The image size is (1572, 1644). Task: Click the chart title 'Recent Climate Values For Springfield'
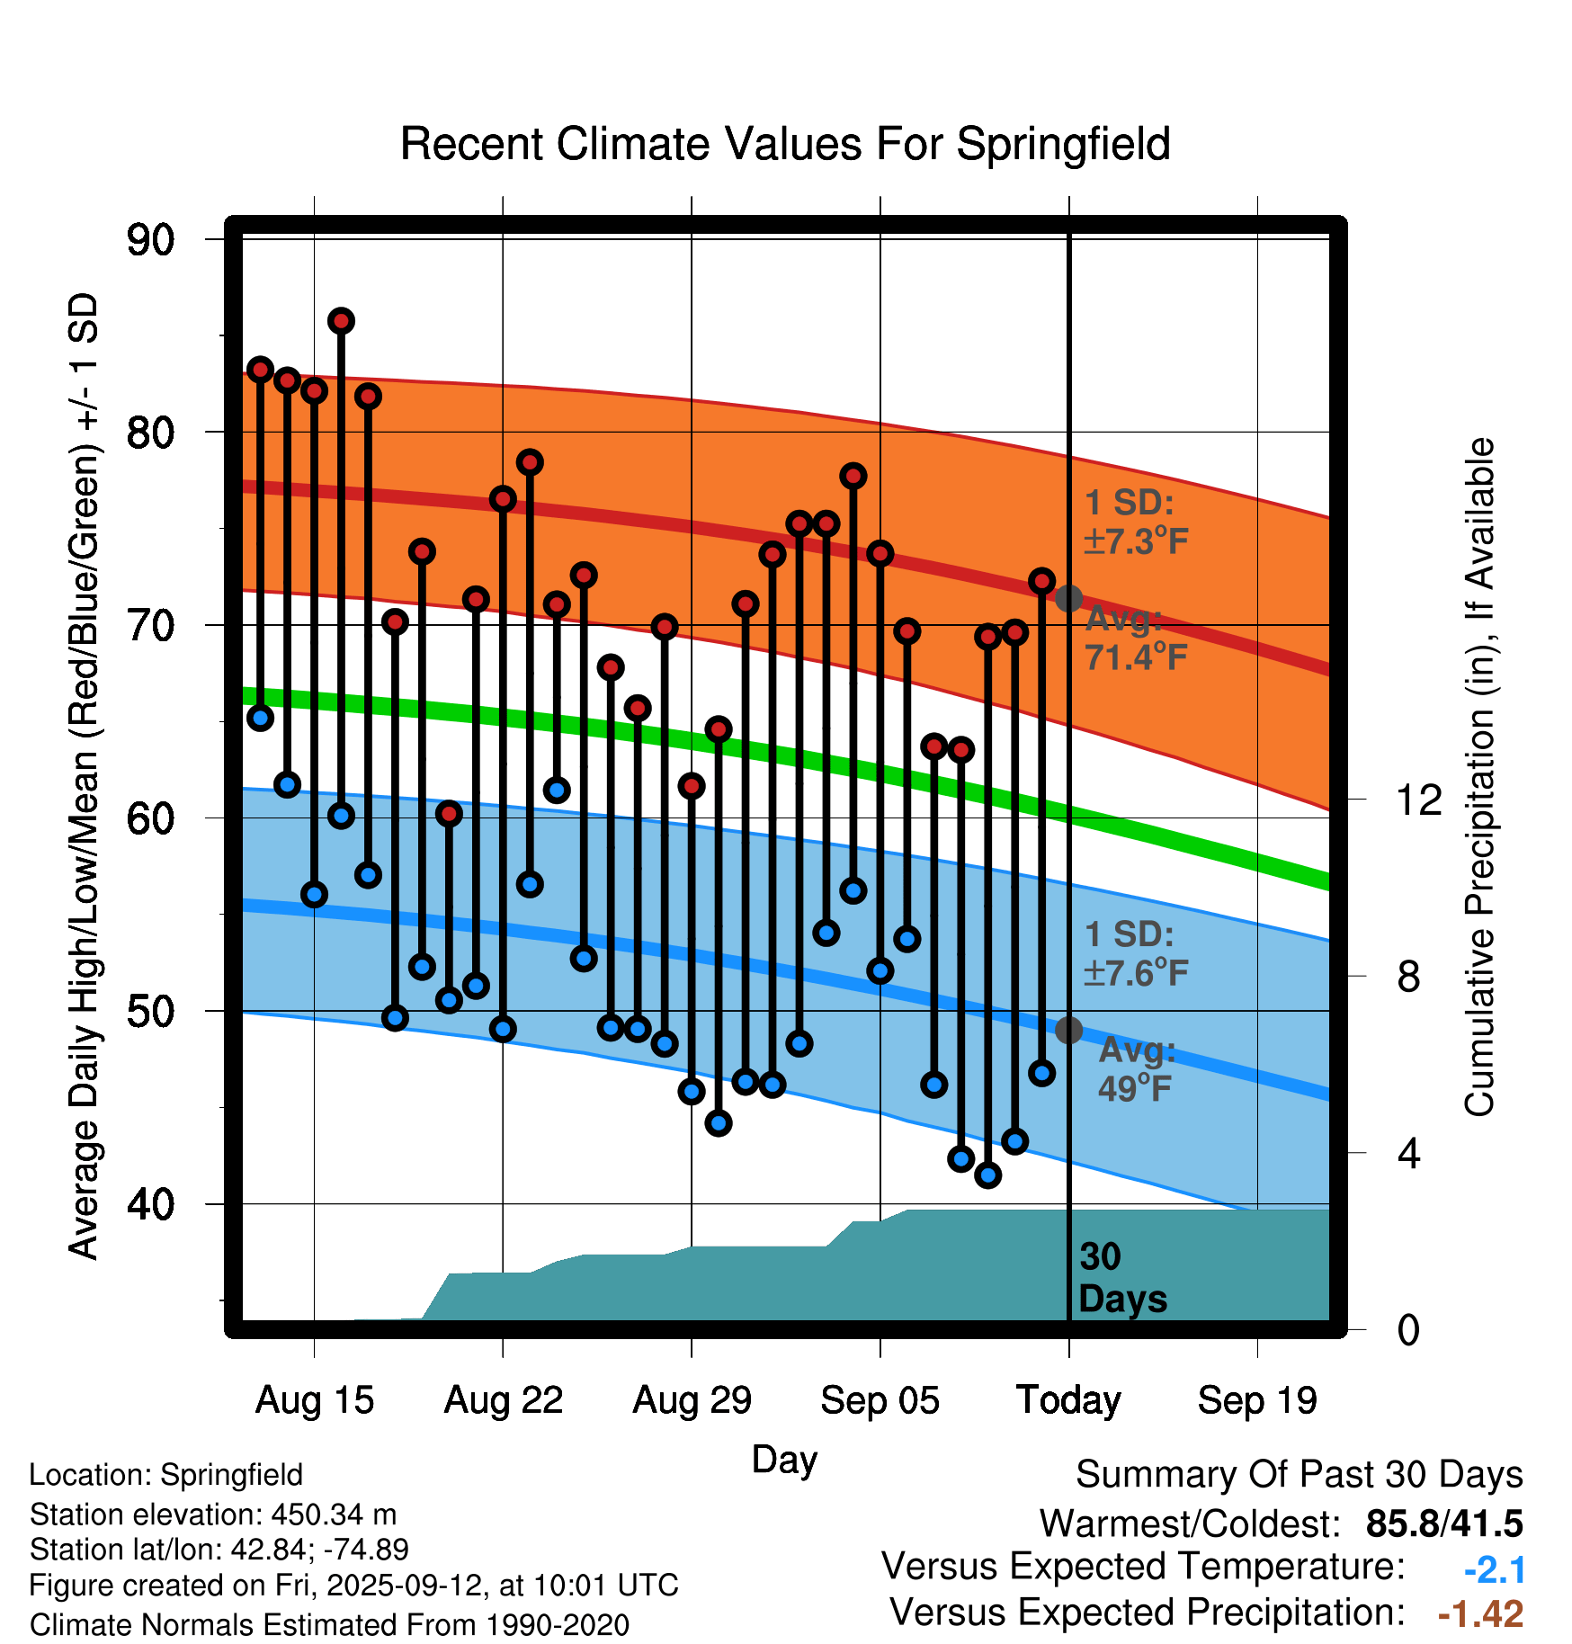click(x=785, y=144)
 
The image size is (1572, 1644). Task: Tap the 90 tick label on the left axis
click(x=150, y=240)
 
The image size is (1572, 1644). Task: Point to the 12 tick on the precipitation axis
click(x=1418, y=800)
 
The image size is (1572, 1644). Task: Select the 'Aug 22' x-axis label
click(x=503, y=1400)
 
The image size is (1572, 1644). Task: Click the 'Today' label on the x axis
click(x=1068, y=1400)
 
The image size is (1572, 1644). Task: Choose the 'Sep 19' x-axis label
click(x=1257, y=1400)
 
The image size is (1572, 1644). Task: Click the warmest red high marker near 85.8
click(x=341, y=321)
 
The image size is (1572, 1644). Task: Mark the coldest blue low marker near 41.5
click(x=987, y=1175)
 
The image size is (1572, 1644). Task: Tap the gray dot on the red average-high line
click(x=1068, y=598)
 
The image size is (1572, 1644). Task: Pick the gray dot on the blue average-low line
click(x=1068, y=1030)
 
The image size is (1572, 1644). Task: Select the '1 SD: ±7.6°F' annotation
click(x=1135, y=953)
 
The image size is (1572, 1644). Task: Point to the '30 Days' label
click(x=1121, y=1278)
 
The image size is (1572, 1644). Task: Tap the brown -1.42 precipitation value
click(x=1480, y=1613)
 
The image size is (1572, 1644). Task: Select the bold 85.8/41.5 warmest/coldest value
click(x=1443, y=1523)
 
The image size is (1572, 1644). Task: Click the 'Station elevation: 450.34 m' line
click(x=213, y=1514)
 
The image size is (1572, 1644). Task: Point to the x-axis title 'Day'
click(x=784, y=1459)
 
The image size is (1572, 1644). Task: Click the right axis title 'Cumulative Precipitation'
click(x=1479, y=778)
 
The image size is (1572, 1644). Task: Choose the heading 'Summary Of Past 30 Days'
click(x=1299, y=1475)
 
